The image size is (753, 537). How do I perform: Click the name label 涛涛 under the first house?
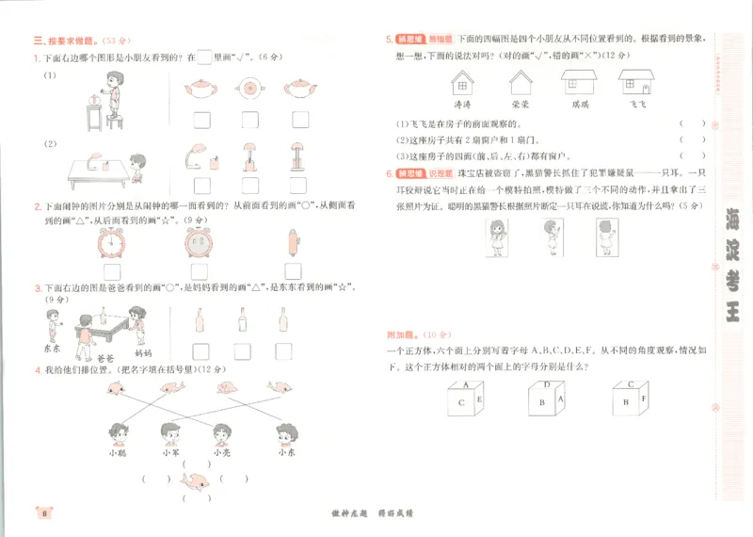pos(463,105)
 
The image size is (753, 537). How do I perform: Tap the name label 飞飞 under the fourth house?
pos(638,105)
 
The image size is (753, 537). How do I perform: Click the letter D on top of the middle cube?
pos(547,385)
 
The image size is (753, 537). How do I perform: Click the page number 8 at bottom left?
pos(44,513)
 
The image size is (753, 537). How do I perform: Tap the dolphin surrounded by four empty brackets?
pos(197,482)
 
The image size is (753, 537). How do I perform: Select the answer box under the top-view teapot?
pos(249,119)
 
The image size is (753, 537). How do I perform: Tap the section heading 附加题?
pos(400,334)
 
